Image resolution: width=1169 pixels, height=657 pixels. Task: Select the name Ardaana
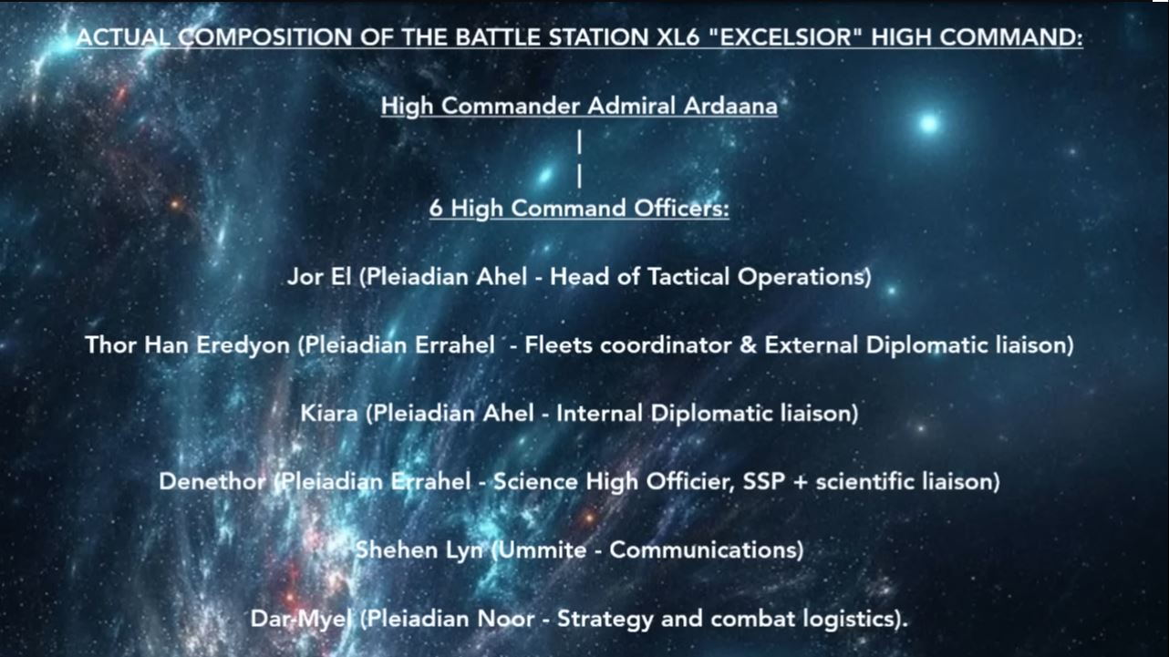(x=730, y=106)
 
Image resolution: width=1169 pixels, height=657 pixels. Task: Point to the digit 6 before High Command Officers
(x=436, y=208)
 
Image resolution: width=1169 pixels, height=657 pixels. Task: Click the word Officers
(x=681, y=208)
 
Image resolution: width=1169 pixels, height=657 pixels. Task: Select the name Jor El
(x=319, y=276)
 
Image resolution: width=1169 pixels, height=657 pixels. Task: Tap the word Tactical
(x=688, y=276)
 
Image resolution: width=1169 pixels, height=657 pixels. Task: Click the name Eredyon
(x=243, y=345)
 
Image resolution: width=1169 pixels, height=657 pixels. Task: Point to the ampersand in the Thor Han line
(x=748, y=345)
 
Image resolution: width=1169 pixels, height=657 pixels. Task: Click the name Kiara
(x=329, y=414)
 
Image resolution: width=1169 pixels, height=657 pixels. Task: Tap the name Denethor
(x=212, y=481)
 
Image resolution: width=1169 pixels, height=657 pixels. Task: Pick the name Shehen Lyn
(x=419, y=550)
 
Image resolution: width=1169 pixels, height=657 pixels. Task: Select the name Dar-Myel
(x=301, y=619)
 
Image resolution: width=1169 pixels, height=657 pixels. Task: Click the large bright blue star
(x=929, y=124)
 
